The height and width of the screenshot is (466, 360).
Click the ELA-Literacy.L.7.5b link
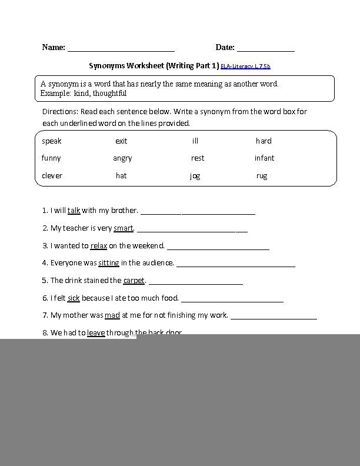pos(245,66)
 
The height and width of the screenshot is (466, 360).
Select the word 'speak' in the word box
pos(52,141)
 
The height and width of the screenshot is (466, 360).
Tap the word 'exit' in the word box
pos(121,141)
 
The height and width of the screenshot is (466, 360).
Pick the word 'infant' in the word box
pos(264,158)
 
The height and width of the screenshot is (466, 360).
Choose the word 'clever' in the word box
pos(52,176)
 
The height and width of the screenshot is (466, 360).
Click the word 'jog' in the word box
pos(195,176)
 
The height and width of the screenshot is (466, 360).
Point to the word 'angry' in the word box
pos(122,158)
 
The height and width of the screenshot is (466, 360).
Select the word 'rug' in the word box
pos(262,176)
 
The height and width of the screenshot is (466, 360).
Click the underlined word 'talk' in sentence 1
pos(74,210)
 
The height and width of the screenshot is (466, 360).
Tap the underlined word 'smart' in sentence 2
pos(124,228)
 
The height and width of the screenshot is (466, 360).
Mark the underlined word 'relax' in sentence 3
pos(98,246)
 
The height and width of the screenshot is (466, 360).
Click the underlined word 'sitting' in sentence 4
pos(109,263)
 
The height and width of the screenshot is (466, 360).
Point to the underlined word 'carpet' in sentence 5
pos(134,281)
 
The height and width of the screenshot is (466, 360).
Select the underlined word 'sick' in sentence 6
pos(74,298)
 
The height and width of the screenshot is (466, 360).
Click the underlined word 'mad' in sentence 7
pos(112,315)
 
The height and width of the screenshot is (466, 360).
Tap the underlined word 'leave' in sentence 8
pos(96,332)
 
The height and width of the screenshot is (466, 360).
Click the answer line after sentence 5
pos(195,284)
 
